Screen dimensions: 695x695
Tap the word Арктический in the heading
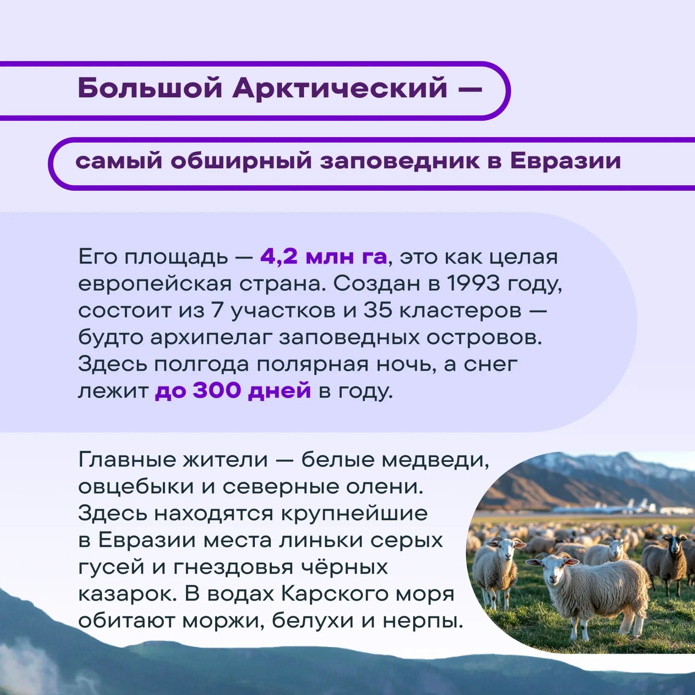(x=340, y=88)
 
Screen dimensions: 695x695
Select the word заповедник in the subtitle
(x=400, y=161)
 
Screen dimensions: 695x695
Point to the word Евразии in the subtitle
(x=565, y=161)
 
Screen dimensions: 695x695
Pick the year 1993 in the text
(x=473, y=283)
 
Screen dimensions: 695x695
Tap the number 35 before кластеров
(x=378, y=310)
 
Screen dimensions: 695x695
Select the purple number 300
(x=217, y=390)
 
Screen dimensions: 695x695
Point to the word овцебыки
(x=136, y=487)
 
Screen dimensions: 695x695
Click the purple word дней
(x=279, y=390)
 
